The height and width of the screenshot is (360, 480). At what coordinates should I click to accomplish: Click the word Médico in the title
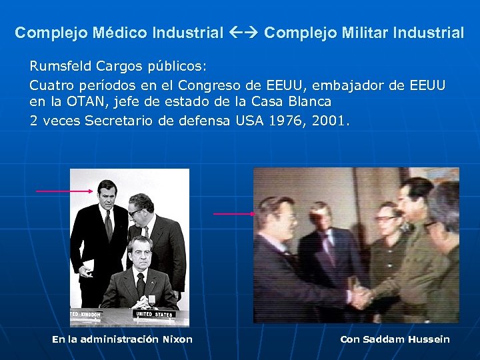(x=120, y=33)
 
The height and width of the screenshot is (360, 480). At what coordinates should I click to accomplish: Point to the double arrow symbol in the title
(x=244, y=33)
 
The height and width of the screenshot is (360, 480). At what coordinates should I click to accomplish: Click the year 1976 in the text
(x=289, y=121)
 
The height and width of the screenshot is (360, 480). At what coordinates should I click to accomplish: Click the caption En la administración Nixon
(x=122, y=339)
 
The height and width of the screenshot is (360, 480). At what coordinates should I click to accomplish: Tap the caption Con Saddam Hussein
(x=395, y=339)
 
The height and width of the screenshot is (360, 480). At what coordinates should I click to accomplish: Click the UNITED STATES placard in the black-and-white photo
(x=154, y=314)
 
